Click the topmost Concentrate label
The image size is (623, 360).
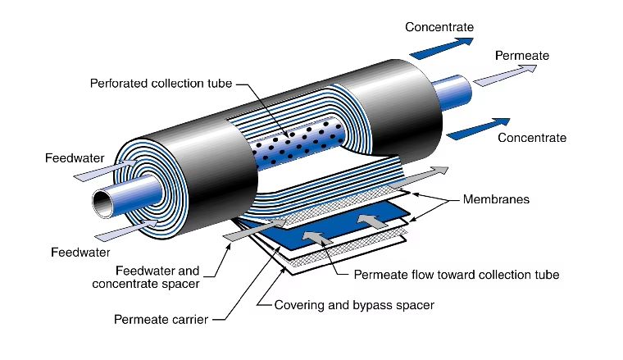click(x=439, y=27)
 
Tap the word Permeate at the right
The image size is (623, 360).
click(x=522, y=55)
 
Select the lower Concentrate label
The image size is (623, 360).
click(x=532, y=138)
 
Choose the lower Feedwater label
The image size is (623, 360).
click(x=80, y=252)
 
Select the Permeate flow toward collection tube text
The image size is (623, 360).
click(x=457, y=275)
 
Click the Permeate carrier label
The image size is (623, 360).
click(x=161, y=318)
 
